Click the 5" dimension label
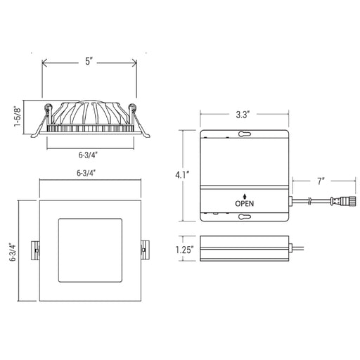pyautogui.click(x=88, y=61)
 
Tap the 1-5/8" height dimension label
pyautogui.click(x=18, y=117)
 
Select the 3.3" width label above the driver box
pyautogui.click(x=242, y=115)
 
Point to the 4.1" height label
pyautogui.click(x=182, y=175)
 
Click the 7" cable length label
pyautogui.click(x=321, y=181)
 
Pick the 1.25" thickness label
pyautogui.click(x=185, y=250)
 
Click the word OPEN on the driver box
pyautogui.click(x=245, y=204)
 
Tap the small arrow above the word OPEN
pyautogui.click(x=245, y=197)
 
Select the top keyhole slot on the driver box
pyautogui.click(x=245, y=134)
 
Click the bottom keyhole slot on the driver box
pyautogui.click(x=245, y=217)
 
